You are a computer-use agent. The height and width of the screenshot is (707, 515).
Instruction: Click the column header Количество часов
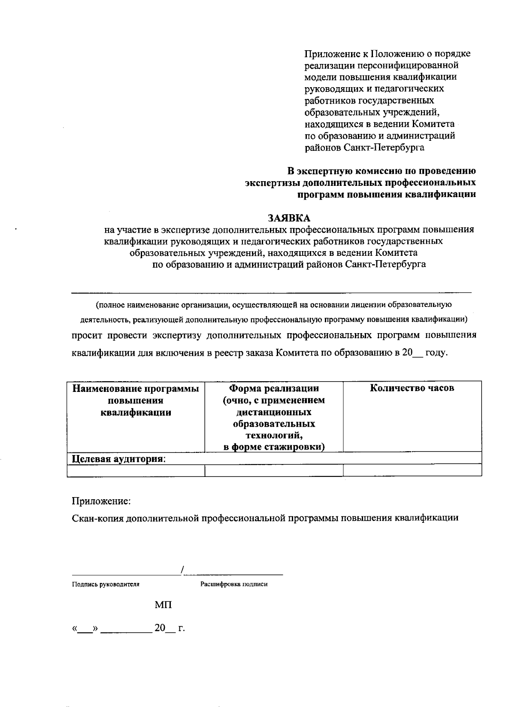(412, 388)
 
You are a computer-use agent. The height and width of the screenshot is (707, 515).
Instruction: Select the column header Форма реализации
(273, 388)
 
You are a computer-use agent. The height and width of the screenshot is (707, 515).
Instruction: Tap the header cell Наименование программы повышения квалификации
(136, 401)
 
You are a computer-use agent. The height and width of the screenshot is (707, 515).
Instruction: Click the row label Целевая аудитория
(118, 458)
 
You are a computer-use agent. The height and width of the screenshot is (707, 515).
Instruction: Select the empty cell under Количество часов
(412, 470)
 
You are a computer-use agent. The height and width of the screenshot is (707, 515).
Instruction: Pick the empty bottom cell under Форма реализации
(274, 470)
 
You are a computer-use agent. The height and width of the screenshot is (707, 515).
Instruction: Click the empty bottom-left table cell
(136, 470)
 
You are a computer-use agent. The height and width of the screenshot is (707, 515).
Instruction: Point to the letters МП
(163, 605)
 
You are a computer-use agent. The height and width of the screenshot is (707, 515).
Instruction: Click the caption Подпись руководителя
(106, 584)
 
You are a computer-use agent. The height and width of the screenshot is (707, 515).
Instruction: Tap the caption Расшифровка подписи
(234, 584)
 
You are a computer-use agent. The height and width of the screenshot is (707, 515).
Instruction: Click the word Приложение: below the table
(101, 501)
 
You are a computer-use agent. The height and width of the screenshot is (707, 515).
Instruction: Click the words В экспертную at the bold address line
(316, 171)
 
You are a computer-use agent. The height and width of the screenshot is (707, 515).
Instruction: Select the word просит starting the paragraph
(85, 335)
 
